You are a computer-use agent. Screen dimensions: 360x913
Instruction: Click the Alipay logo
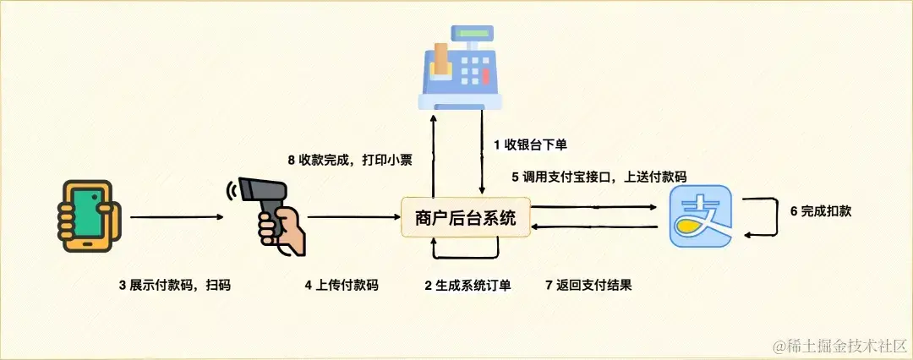700,218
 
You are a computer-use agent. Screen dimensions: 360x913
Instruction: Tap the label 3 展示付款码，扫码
174,286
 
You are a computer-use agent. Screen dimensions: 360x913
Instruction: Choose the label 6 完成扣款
820,211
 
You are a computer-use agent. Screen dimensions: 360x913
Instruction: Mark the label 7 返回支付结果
589,286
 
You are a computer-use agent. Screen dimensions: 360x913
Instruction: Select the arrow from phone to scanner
177,218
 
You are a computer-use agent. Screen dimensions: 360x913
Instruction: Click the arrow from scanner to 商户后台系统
354,218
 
